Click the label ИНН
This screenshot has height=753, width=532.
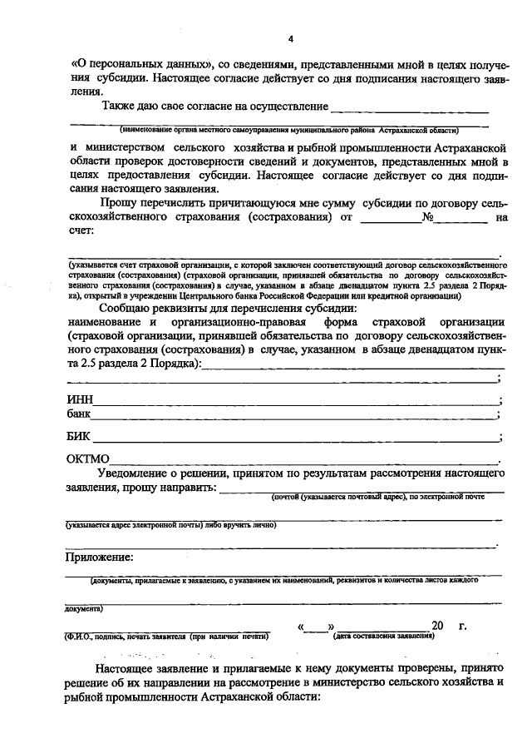[79, 400]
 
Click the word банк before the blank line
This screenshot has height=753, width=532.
[79, 414]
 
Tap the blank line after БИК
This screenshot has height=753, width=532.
[295, 438]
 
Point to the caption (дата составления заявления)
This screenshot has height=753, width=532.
[382, 637]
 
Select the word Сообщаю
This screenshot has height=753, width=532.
[126, 308]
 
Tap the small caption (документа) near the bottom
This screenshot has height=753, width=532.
[86, 608]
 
